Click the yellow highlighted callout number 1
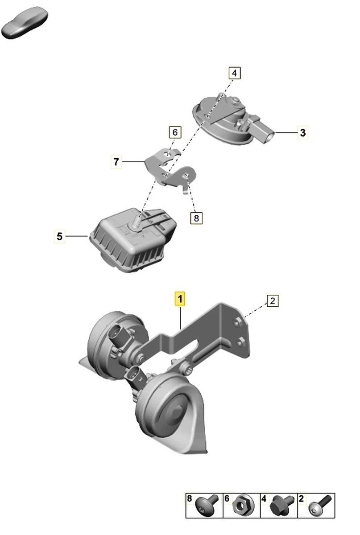[x=180, y=299]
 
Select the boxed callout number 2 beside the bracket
[x=273, y=301]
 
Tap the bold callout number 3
[x=302, y=132]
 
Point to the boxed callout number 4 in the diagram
[x=235, y=73]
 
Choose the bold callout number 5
[x=59, y=236]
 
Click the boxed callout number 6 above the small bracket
[x=175, y=132]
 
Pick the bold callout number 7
[x=116, y=162]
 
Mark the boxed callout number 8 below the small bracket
[x=196, y=218]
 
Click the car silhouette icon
[x=25, y=23]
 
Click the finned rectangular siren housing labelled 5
[x=132, y=240]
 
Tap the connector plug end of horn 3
[x=269, y=136]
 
